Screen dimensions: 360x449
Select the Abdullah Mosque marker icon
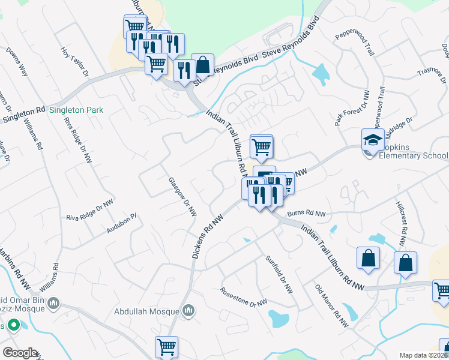click(188, 310)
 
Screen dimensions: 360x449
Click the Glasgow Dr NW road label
click(182, 196)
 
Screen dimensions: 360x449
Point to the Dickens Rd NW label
click(203, 237)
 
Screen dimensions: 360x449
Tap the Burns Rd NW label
click(306, 214)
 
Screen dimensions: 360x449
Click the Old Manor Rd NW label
click(331, 305)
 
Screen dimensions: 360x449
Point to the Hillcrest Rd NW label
click(402, 223)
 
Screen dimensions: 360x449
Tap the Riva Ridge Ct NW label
click(90, 210)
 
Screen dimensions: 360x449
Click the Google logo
click(20, 353)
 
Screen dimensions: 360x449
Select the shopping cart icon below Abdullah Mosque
click(166, 346)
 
